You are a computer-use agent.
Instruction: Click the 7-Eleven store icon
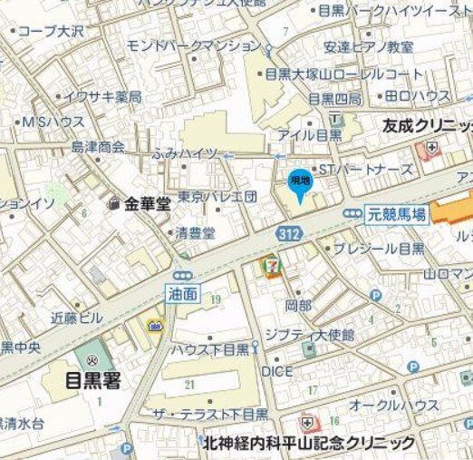tap(271, 266)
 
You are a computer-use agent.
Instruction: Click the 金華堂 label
tap(148, 204)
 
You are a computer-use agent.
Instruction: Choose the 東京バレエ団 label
tap(217, 196)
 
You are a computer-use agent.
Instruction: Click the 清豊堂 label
tap(196, 233)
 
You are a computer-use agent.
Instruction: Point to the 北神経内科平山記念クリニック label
tap(309, 442)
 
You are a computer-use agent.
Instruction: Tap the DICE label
tap(276, 372)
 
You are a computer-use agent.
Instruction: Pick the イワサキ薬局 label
tap(106, 96)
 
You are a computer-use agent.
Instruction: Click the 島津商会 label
tap(99, 146)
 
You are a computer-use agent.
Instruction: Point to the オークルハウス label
tap(394, 406)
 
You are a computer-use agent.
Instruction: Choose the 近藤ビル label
tap(77, 318)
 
